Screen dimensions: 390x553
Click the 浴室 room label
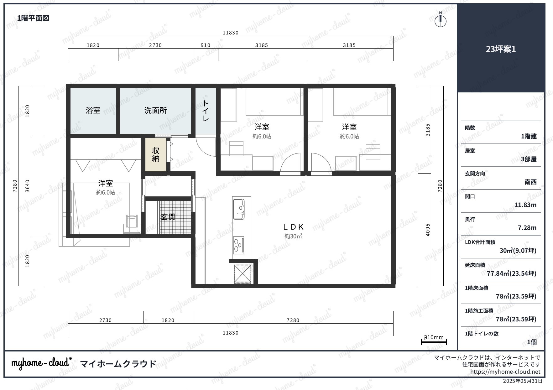tap(93, 110)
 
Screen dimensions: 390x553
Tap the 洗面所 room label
tap(155, 110)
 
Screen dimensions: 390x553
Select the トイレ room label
tap(206, 111)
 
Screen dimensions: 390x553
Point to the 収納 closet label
tap(156, 155)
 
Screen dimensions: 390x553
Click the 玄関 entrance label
tap(168, 217)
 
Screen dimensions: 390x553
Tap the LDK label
tap(293, 227)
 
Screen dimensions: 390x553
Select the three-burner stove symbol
tap(239, 245)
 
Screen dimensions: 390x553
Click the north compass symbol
tap(441, 21)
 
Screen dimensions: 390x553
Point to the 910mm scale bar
tap(434, 342)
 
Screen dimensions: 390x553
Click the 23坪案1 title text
tap(501, 49)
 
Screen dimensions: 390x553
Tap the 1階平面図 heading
tap(33, 18)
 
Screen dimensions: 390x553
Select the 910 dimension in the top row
tap(206, 45)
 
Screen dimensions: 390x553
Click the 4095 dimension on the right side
tap(428, 230)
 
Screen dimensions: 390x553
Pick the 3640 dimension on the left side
tap(28, 186)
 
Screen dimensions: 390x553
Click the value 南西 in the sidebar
tap(530, 182)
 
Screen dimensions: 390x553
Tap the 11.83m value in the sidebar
tap(525, 205)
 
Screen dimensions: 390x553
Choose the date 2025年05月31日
tap(522, 381)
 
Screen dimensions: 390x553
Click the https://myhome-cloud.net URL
tap(505, 372)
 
